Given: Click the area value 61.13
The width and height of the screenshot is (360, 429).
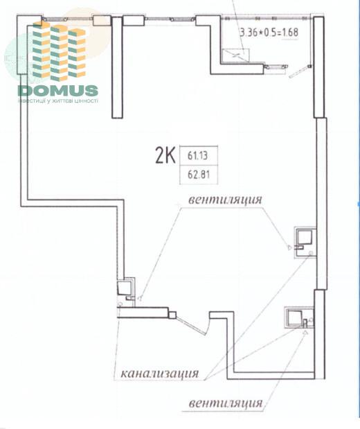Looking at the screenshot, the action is point(197,156).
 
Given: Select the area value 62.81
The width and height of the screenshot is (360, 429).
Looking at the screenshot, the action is point(199,174).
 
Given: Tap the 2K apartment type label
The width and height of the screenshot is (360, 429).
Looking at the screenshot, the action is point(165,155).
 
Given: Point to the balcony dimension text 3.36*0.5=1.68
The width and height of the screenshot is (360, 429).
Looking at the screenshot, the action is point(269,33).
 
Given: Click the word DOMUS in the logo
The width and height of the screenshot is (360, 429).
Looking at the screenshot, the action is point(58,91).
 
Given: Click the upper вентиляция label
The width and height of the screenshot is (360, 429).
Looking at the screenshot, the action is point(225,200).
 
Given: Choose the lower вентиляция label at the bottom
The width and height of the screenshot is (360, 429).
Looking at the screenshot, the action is point(226,403).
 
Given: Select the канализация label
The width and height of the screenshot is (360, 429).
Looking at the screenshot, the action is point(160,373).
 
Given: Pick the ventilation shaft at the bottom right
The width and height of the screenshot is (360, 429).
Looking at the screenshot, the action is point(299,317).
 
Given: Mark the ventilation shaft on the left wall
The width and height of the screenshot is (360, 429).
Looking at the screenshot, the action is point(126,290).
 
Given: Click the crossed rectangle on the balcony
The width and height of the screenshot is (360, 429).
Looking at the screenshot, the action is point(235,55).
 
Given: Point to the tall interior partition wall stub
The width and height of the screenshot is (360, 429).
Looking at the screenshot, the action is point(117,67).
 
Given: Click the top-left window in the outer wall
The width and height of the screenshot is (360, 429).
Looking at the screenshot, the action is point(67,19).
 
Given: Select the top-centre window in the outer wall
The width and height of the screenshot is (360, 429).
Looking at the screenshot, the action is point(170,19).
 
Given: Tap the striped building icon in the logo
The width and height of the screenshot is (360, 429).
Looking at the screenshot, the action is point(59,51).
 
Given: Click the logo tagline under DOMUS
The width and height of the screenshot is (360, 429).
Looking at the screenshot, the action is point(58,100).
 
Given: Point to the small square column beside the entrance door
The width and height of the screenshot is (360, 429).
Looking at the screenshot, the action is point(172,315).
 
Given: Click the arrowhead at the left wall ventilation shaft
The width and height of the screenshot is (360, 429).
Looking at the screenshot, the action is point(141,298).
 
